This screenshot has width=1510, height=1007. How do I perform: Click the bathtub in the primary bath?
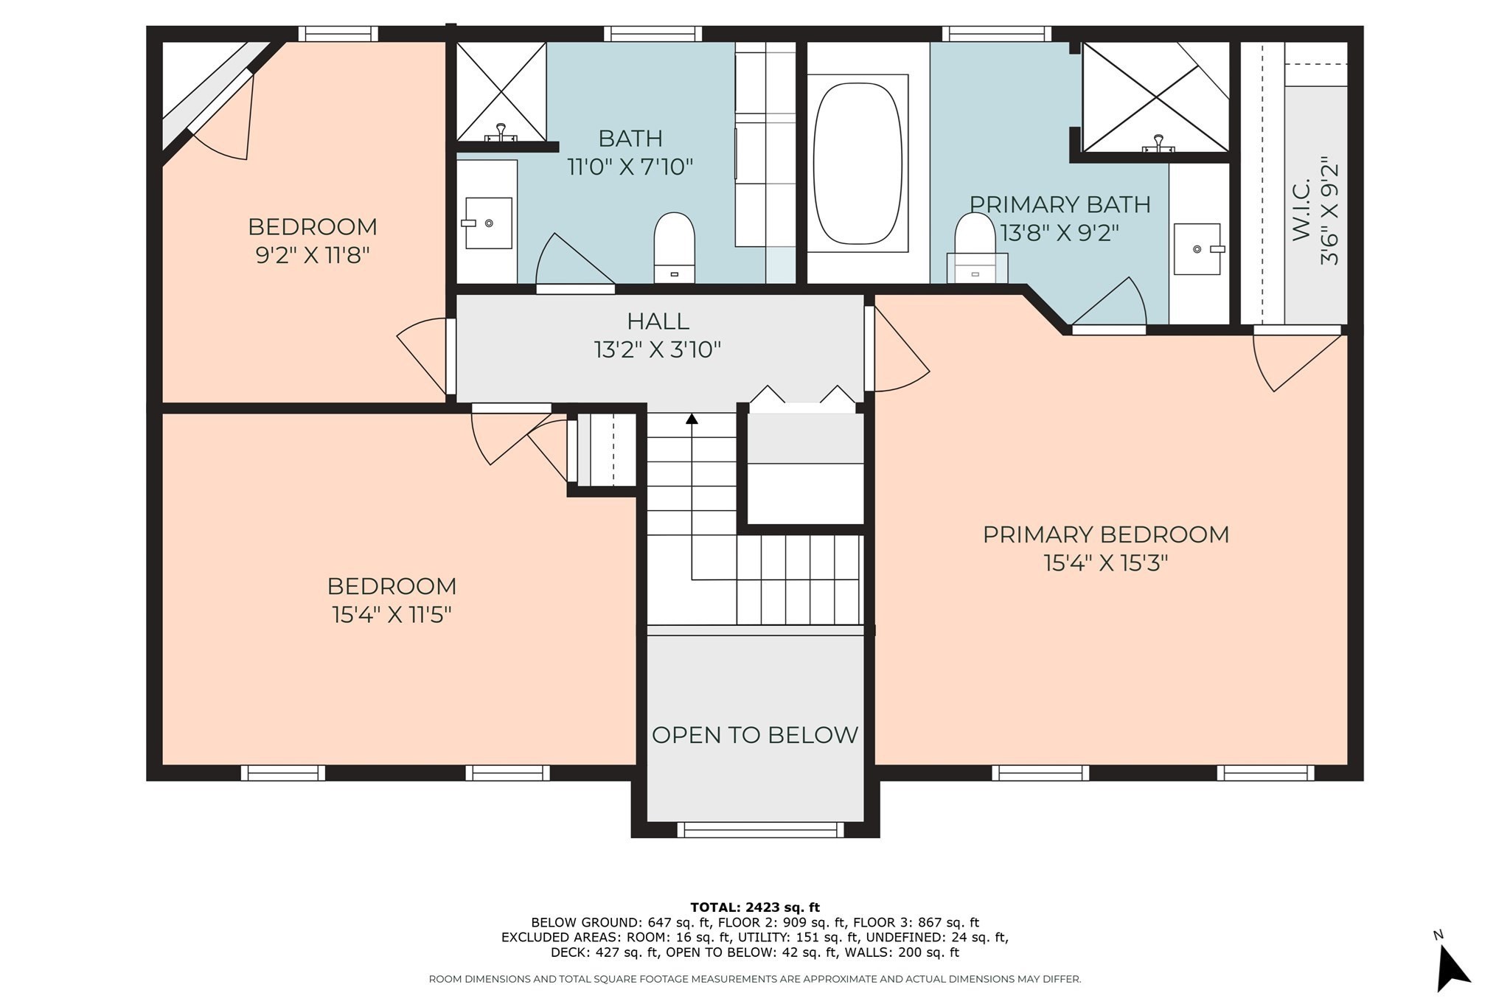[x=857, y=164]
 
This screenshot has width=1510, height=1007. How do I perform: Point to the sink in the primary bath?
[x=1197, y=249]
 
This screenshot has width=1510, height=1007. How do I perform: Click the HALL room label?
[x=658, y=321]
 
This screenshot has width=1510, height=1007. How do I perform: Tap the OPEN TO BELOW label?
[x=754, y=735]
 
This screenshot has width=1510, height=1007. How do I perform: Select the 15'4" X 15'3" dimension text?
[x=1105, y=563]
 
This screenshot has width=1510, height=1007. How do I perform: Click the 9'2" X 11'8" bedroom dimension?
[x=312, y=256]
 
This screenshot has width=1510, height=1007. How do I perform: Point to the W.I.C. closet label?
[x=1301, y=209]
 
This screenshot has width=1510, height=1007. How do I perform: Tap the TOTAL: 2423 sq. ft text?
[x=754, y=907]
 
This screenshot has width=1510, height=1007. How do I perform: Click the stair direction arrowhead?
[x=692, y=419]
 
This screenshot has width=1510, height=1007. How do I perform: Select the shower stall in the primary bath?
[x=1155, y=97]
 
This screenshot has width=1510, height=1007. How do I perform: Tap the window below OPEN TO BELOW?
[x=759, y=830]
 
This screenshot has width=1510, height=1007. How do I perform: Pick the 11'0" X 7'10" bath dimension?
[x=630, y=167]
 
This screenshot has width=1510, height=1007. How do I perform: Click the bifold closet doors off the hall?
[x=804, y=398]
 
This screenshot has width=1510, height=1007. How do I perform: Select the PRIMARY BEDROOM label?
[x=1105, y=534]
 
